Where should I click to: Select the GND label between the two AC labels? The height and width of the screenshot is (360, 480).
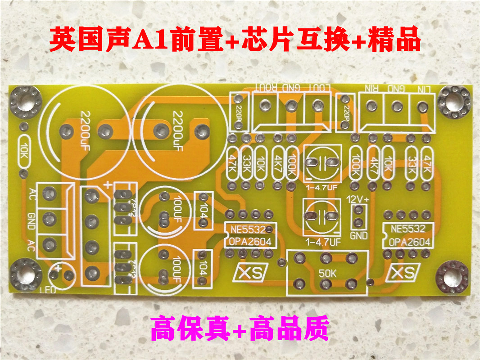[x=31, y=220]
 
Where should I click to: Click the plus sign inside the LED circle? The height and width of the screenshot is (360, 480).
[x=59, y=269]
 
